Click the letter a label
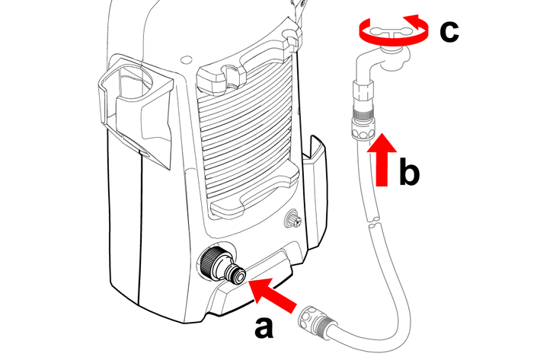[264, 328]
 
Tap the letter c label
[449, 31]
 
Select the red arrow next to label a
[273, 295]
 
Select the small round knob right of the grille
[292, 221]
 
